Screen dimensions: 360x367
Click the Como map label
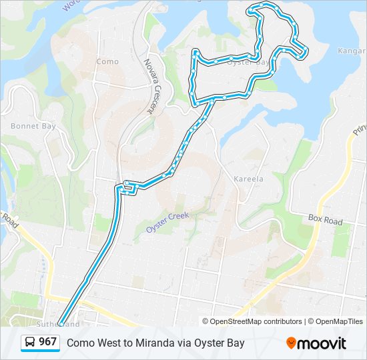point(107,61)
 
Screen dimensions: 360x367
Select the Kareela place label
point(248,179)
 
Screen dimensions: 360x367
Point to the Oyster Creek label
point(167,222)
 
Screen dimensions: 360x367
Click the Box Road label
point(325,221)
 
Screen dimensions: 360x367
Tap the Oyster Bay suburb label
point(250,62)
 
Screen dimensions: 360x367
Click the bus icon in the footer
point(30,343)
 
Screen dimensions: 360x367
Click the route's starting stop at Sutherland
point(61,324)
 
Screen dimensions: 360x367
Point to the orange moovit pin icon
point(291,343)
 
